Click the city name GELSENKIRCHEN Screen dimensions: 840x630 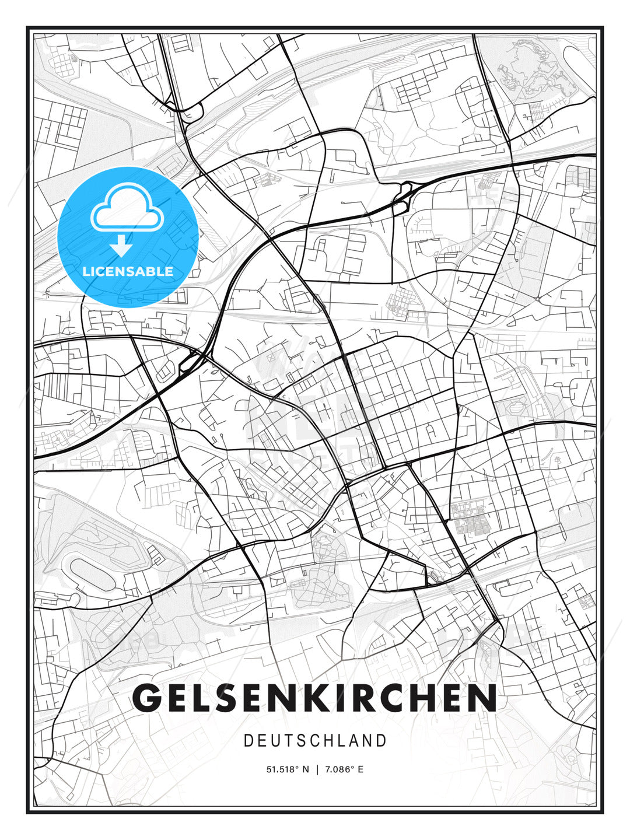tap(315, 698)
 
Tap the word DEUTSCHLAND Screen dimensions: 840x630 tap(315, 741)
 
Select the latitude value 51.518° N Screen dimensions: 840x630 tap(287, 769)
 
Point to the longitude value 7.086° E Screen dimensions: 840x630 tap(344, 769)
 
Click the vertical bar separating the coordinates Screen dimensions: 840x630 tap(316, 769)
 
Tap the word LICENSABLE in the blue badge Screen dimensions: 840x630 tap(128, 271)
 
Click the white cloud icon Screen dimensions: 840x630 tap(125, 208)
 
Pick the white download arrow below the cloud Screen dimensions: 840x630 tap(122, 246)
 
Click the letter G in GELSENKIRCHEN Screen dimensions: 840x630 tap(148, 698)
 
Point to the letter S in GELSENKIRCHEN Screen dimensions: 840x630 tap(239, 698)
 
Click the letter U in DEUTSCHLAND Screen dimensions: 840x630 tap(276, 741)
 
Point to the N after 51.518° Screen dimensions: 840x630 tap(306, 769)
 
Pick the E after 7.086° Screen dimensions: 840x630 tap(360, 769)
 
